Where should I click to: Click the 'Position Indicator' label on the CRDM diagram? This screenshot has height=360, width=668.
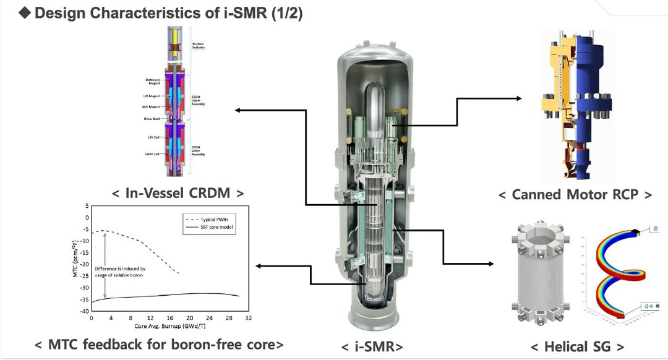198,46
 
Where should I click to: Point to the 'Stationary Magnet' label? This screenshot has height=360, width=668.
152,82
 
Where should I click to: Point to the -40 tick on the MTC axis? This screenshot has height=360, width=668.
84,311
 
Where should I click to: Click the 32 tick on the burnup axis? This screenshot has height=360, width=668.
248,318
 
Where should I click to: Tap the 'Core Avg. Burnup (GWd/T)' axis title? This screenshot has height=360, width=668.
169,326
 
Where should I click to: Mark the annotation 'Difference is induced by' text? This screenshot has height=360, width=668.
120,268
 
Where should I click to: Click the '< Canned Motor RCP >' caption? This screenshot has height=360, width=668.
575,195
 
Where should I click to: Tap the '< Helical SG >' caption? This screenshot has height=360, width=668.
575,347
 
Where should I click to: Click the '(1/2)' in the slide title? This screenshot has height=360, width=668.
284,14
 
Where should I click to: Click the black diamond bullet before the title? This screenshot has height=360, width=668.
25,14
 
